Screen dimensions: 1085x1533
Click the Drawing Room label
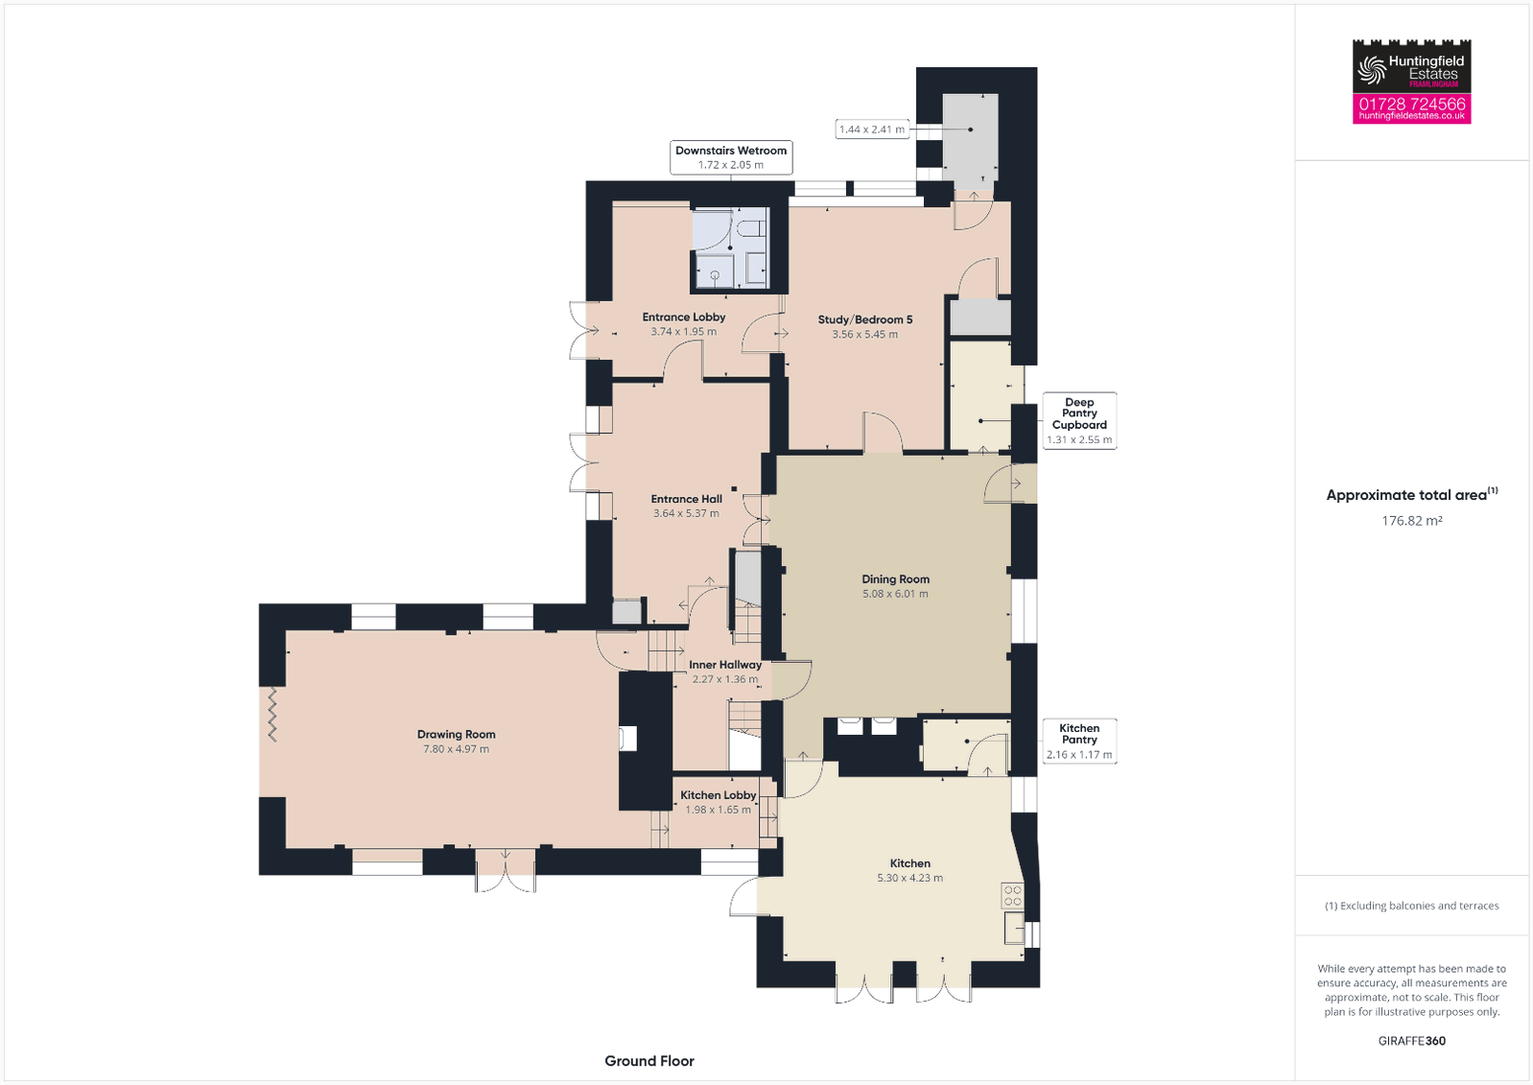point(456,734)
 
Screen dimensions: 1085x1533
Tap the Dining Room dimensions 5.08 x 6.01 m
point(895,594)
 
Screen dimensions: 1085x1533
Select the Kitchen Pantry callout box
point(1079,742)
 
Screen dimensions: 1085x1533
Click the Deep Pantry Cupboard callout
point(1079,420)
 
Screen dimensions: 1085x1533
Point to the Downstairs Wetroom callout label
point(731,151)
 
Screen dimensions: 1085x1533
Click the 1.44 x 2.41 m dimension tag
point(871,130)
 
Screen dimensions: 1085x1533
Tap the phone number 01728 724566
point(1411,104)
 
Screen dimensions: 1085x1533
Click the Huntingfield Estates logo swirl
point(1371,69)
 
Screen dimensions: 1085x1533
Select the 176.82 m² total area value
point(1411,521)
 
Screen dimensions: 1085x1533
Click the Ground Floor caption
point(649,1061)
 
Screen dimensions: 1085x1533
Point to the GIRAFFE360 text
point(1411,1041)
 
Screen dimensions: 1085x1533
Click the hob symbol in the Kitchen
point(1013,896)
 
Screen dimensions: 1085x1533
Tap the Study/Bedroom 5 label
point(864,319)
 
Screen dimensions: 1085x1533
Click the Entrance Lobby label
point(683,317)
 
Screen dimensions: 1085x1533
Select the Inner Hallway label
point(725,664)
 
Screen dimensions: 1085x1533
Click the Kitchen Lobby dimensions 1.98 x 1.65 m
point(719,810)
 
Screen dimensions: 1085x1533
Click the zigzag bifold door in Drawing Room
point(272,715)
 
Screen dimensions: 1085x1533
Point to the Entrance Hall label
point(686,499)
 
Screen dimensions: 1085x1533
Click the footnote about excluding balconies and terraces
point(1411,906)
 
